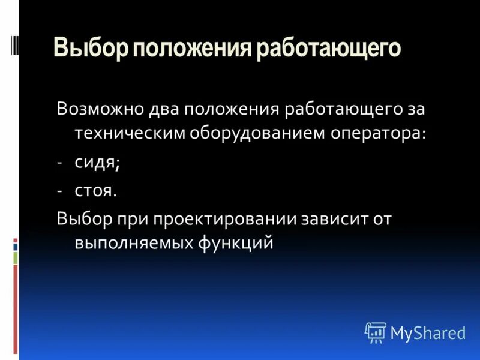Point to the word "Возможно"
[99, 110]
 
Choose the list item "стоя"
[94, 191]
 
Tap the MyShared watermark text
[428, 332]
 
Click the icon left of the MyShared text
[375, 332]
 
